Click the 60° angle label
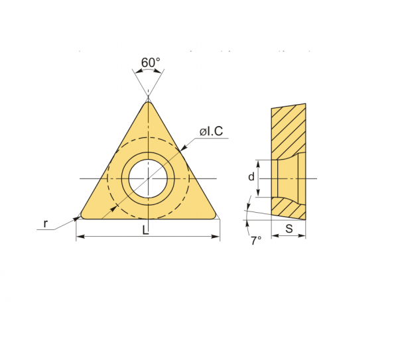click(151, 62)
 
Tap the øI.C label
click(211, 131)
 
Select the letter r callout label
click(45, 223)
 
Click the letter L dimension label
click(145, 230)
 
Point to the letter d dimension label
click(251, 176)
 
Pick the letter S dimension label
click(289, 229)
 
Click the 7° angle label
click(256, 241)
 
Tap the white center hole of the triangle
click(148, 178)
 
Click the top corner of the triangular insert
click(148, 102)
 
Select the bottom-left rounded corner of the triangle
click(82, 216)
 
